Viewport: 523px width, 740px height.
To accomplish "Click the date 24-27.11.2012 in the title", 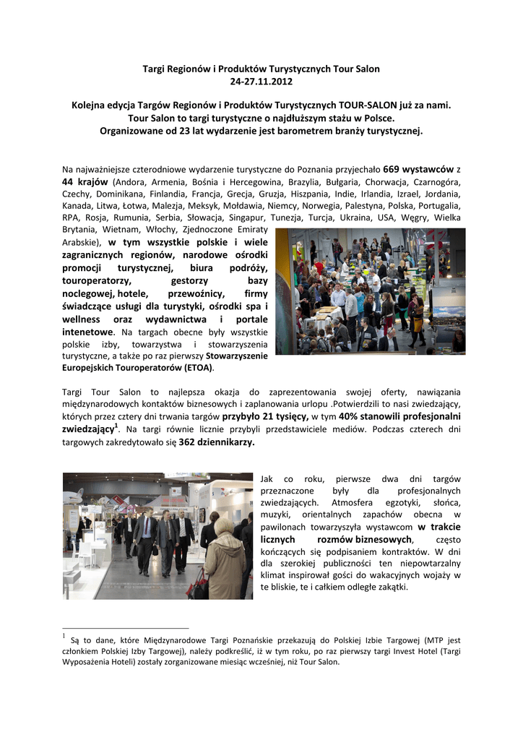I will (261, 81).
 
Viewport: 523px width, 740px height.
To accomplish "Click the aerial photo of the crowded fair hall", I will (371, 291).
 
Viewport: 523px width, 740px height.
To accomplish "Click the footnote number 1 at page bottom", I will (64, 636).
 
